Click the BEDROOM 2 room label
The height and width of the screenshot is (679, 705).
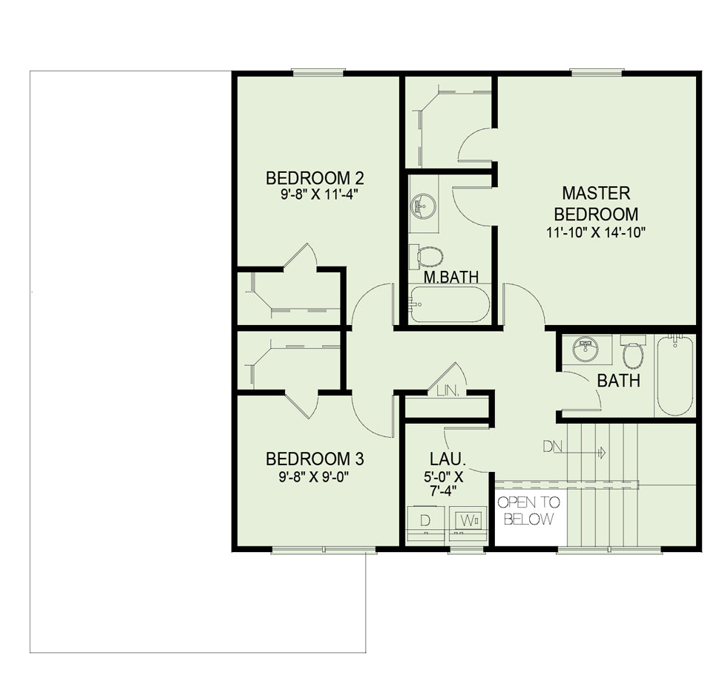[x=315, y=178]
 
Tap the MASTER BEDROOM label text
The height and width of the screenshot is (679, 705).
[x=596, y=203]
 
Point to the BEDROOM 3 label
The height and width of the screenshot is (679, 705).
[x=315, y=459]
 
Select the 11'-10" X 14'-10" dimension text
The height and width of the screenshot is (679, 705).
[x=596, y=232]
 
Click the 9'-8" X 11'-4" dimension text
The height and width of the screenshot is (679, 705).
[x=315, y=194]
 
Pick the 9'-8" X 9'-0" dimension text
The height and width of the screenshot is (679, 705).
[x=315, y=476]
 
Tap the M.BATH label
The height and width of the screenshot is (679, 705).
[x=451, y=277]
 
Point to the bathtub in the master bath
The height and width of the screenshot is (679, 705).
[x=449, y=304]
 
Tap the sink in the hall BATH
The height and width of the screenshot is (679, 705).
[x=586, y=349]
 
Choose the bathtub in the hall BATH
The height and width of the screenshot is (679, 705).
[x=675, y=376]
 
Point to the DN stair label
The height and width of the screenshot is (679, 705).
[x=553, y=447]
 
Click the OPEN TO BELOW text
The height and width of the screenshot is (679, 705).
[x=529, y=511]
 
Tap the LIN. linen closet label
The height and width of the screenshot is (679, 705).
[x=448, y=391]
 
